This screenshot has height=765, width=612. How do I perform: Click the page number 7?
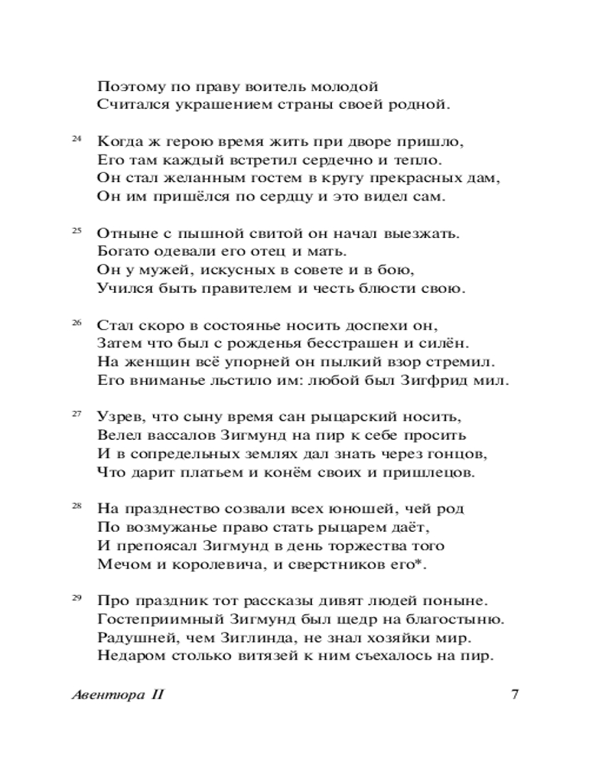[x=515, y=695]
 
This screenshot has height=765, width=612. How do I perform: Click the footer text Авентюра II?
[x=117, y=695]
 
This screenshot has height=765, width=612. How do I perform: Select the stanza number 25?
[x=76, y=230]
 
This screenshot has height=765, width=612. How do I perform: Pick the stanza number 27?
[x=76, y=414]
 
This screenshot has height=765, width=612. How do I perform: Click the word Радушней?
[x=131, y=637]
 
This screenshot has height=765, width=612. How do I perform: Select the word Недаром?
[x=128, y=656]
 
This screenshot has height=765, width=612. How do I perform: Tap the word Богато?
[x=122, y=252]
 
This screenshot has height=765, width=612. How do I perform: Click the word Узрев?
[x=119, y=417]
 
